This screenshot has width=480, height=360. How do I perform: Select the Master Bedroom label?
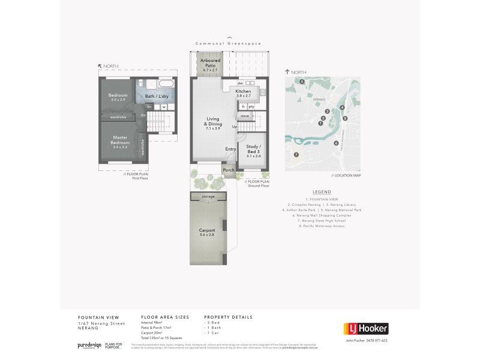point(121,140)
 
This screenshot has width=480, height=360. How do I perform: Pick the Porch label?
point(229,170)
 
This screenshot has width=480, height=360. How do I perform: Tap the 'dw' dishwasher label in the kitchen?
point(240,83)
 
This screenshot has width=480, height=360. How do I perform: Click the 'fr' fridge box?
point(244,106)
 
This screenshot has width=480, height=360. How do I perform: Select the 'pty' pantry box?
point(252,106)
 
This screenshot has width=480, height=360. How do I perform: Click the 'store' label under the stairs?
point(245,115)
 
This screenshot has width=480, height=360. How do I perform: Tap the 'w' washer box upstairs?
point(163,107)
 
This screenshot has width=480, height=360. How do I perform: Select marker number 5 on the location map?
point(302,81)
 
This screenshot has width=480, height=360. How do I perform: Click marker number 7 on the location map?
point(296,154)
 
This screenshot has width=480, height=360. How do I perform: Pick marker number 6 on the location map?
point(336,143)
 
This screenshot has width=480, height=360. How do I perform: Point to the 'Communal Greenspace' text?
point(231,44)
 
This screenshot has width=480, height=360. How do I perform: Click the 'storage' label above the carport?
point(208,196)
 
